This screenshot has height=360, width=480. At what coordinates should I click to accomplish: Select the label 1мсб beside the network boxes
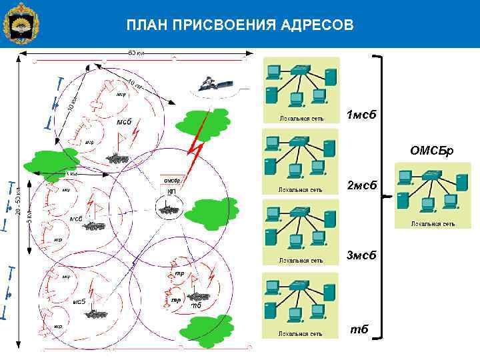[361, 115]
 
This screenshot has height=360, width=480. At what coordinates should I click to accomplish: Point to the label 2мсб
[361, 185]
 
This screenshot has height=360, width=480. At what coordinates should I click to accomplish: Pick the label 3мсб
[361, 255]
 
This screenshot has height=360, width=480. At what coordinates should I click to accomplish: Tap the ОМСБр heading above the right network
[431, 151]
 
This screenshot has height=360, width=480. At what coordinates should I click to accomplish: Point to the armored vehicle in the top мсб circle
[118, 158]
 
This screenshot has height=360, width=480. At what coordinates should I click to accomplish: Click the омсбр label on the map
[173, 181]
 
